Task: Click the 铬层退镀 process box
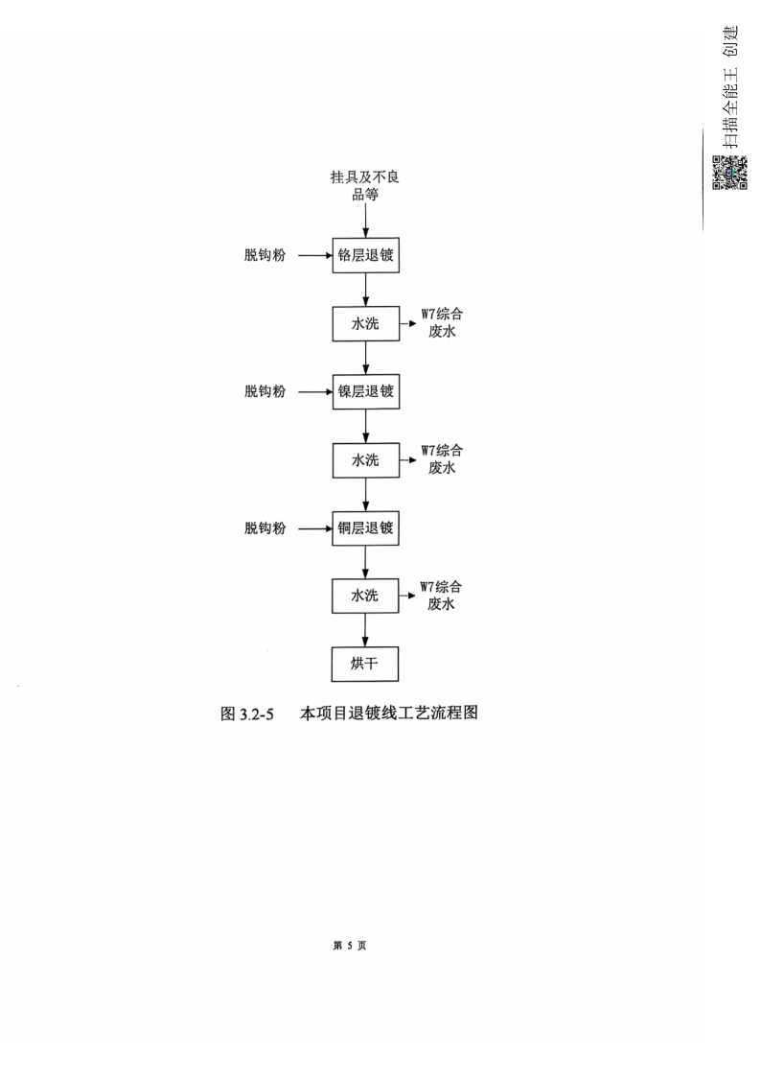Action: coord(366,255)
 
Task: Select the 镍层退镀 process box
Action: coord(366,391)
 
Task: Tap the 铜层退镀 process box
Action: coord(366,528)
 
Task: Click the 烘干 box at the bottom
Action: coord(365,664)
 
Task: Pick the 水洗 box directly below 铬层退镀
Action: coord(366,323)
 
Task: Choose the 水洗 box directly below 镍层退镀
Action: coord(366,460)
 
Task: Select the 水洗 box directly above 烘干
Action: coord(365,596)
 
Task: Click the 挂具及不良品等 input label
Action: coord(365,185)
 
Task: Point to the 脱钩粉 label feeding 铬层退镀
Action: coord(265,255)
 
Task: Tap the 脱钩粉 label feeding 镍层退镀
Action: coord(265,391)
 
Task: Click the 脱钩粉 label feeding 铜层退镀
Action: coord(265,528)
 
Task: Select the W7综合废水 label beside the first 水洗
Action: coord(442,323)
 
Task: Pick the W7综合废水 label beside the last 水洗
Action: coord(441,596)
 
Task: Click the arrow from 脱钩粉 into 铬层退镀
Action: coord(315,255)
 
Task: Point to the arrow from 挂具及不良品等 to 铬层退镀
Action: coord(366,221)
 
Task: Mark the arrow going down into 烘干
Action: coord(365,630)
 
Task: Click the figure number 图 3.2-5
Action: coord(247,714)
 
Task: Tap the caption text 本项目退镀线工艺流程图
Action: coord(389,713)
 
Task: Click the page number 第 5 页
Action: coord(349,946)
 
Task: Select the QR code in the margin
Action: coord(729,173)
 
